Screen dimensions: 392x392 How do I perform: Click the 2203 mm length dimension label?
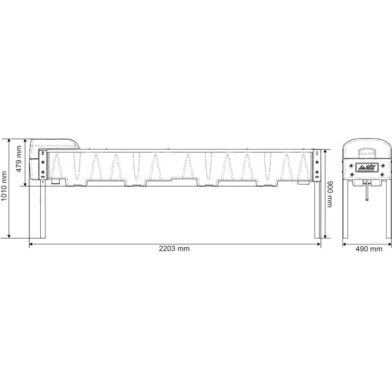(x=174, y=249)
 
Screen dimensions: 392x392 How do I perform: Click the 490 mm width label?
(x=368, y=249)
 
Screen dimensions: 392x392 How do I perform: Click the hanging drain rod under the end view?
(x=366, y=193)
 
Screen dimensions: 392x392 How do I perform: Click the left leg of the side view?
(x=43, y=211)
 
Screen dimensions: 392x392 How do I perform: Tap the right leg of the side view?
(x=317, y=211)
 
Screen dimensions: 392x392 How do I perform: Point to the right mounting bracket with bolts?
(x=317, y=167)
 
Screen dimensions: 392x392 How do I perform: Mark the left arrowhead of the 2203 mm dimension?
(x=31, y=243)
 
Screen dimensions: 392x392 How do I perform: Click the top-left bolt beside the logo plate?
(x=352, y=164)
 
